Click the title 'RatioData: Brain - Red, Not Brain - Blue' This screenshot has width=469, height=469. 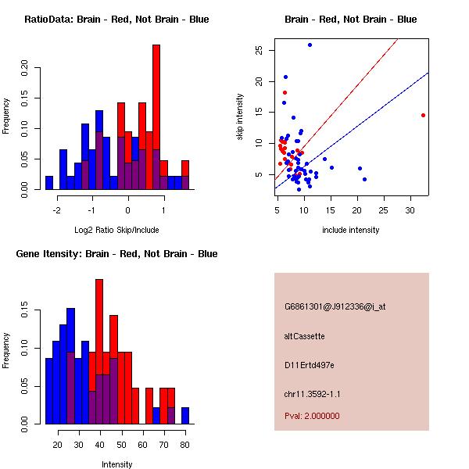[116, 19]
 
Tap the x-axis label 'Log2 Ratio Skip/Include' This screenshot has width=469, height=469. [116, 230]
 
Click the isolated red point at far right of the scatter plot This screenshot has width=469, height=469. [423, 115]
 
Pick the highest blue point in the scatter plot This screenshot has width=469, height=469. [310, 45]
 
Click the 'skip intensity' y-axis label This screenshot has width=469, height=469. [240, 117]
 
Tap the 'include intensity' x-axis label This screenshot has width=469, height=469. [350, 230]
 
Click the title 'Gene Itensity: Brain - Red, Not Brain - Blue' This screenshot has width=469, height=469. [116, 254]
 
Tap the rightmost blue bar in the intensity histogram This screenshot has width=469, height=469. [185, 416]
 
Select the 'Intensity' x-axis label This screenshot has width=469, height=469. [116, 464]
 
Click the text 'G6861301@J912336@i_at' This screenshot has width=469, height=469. [335, 306]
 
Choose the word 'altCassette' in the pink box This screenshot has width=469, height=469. [304, 336]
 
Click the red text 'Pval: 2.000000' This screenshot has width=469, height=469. [312, 416]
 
